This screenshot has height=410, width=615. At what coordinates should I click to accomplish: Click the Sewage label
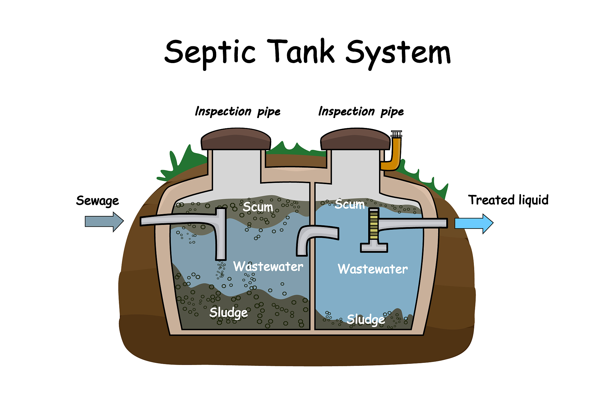[x=97, y=201]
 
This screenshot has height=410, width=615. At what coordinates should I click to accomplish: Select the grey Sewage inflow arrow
[x=104, y=222]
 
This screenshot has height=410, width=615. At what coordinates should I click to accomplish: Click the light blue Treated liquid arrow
[x=474, y=223]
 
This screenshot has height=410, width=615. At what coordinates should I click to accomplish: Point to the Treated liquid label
[x=508, y=200]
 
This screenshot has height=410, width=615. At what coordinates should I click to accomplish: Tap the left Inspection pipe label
[x=238, y=111]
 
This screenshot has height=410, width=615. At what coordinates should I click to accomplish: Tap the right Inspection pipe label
[x=361, y=111]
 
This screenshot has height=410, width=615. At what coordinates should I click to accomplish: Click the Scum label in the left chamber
[x=258, y=207]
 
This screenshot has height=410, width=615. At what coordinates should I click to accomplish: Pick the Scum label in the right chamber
[x=350, y=204]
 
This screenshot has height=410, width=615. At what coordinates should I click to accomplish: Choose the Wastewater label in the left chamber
[x=268, y=266]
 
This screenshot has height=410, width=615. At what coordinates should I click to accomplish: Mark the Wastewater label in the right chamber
[x=373, y=269]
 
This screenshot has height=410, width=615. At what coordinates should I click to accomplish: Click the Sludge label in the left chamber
[x=229, y=313]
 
